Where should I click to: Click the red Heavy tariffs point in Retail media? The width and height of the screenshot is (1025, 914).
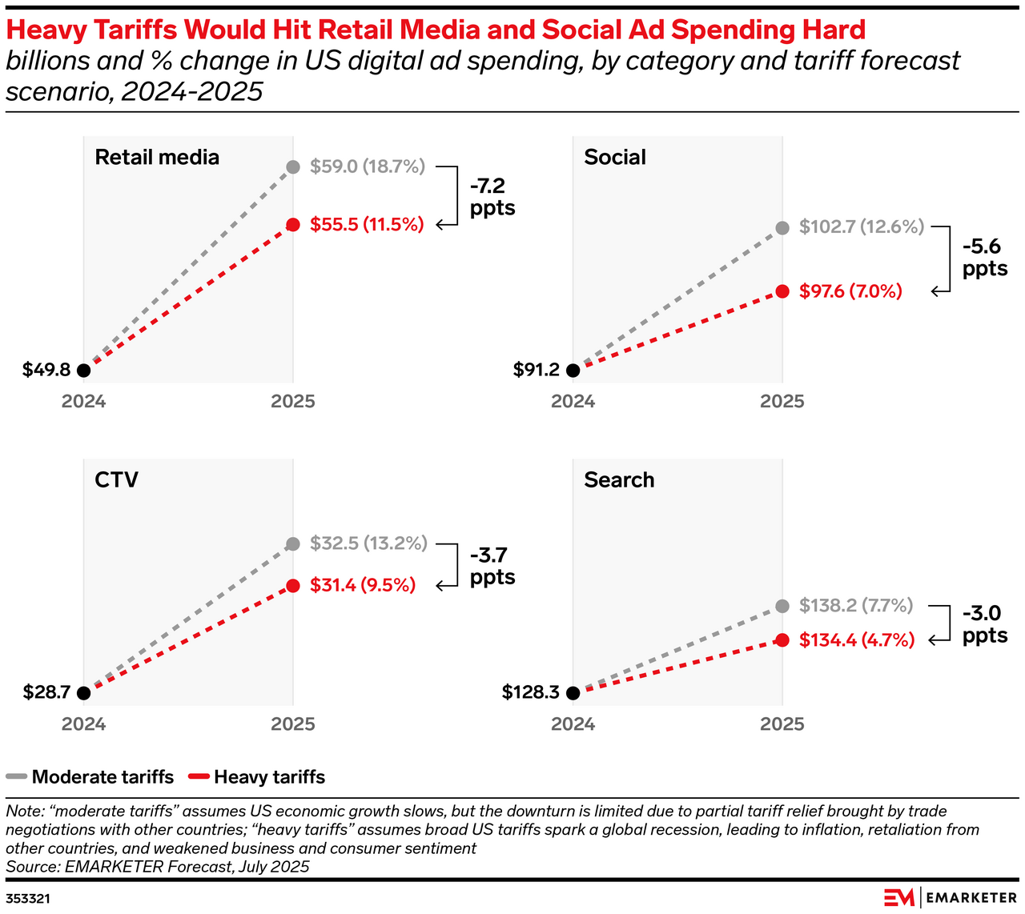(x=293, y=225)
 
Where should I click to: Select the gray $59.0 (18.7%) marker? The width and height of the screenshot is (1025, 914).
(x=293, y=167)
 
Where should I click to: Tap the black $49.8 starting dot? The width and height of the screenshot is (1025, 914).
(x=84, y=371)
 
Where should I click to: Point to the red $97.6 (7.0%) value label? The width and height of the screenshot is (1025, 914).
(x=850, y=291)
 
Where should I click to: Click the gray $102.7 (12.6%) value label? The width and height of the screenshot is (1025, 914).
(x=862, y=226)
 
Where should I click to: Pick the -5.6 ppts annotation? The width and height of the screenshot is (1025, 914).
(x=984, y=258)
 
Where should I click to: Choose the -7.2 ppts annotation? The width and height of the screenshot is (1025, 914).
(x=492, y=197)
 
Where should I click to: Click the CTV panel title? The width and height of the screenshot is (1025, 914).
(x=116, y=479)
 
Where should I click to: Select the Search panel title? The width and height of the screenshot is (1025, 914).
(x=619, y=479)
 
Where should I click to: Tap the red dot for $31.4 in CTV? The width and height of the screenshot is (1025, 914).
(x=293, y=586)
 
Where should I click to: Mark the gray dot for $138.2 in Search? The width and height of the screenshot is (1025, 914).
(x=782, y=606)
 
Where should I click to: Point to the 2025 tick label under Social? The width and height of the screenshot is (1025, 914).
(x=782, y=402)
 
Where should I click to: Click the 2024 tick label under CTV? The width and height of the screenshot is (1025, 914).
(x=84, y=724)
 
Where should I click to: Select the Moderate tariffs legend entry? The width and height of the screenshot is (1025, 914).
(x=90, y=777)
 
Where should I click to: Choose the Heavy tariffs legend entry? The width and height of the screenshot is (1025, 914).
(x=256, y=777)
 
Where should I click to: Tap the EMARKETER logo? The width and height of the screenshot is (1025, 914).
(x=951, y=897)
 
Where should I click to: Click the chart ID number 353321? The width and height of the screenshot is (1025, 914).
(x=28, y=899)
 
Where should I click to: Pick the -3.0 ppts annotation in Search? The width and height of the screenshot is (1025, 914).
(x=984, y=624)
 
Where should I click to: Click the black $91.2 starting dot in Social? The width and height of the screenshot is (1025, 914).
(x=573, y=371)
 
